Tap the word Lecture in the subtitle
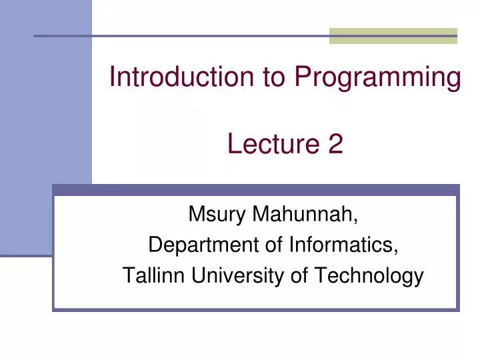click(x=273, y=144)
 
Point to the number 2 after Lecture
click(x=335, y=144)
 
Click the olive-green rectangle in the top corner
click(x=393, y=36)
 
